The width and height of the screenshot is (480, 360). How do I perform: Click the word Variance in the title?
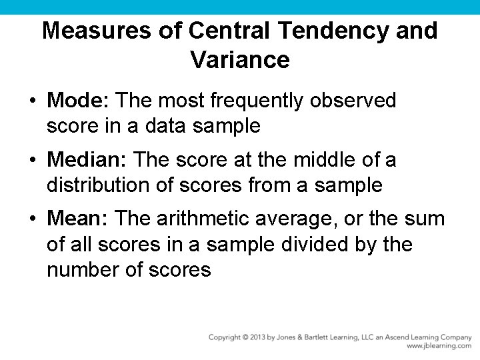tap(239, 60)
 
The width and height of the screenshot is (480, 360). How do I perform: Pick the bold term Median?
tap(88, 160)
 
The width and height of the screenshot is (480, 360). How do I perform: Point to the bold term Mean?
tap(79, 219)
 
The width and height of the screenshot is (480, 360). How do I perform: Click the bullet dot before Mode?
tap(32, 101)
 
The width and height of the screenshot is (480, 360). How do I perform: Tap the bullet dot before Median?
tap(32, 161)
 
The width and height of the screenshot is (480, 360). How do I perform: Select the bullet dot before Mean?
tap(32, 219)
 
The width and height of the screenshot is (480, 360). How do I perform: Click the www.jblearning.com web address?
tap(439, 346)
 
